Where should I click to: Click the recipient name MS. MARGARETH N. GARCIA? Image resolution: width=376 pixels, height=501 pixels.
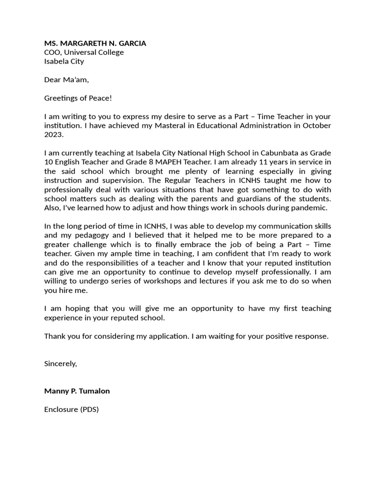pyautogui.click(x=95, y=43)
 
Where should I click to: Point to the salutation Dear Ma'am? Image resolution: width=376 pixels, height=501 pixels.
pyautogui.click(x=67, y=80)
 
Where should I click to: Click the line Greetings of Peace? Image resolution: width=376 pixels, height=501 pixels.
pyautogui.click(x=78, y=98)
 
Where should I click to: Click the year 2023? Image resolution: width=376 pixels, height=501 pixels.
pyautogui.click(x=54, y=135)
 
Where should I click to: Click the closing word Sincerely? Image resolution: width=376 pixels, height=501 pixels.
pyautogui.click(x=60, y=364)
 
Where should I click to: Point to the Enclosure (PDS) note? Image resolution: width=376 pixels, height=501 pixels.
pyautogui.click(x=71, y=410)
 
